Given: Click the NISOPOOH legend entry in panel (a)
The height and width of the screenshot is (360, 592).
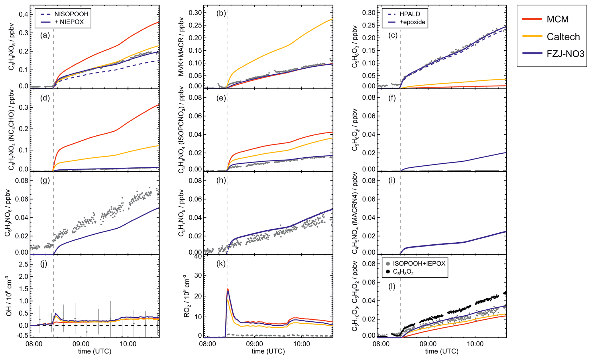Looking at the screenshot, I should point(71,14).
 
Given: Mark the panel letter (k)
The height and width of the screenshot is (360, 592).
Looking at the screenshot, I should point(221,263).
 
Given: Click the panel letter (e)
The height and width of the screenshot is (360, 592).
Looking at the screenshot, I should point(221,98).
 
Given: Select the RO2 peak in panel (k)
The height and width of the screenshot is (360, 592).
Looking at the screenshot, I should point(228,289).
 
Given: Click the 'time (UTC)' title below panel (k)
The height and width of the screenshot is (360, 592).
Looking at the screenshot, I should point(268,351).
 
